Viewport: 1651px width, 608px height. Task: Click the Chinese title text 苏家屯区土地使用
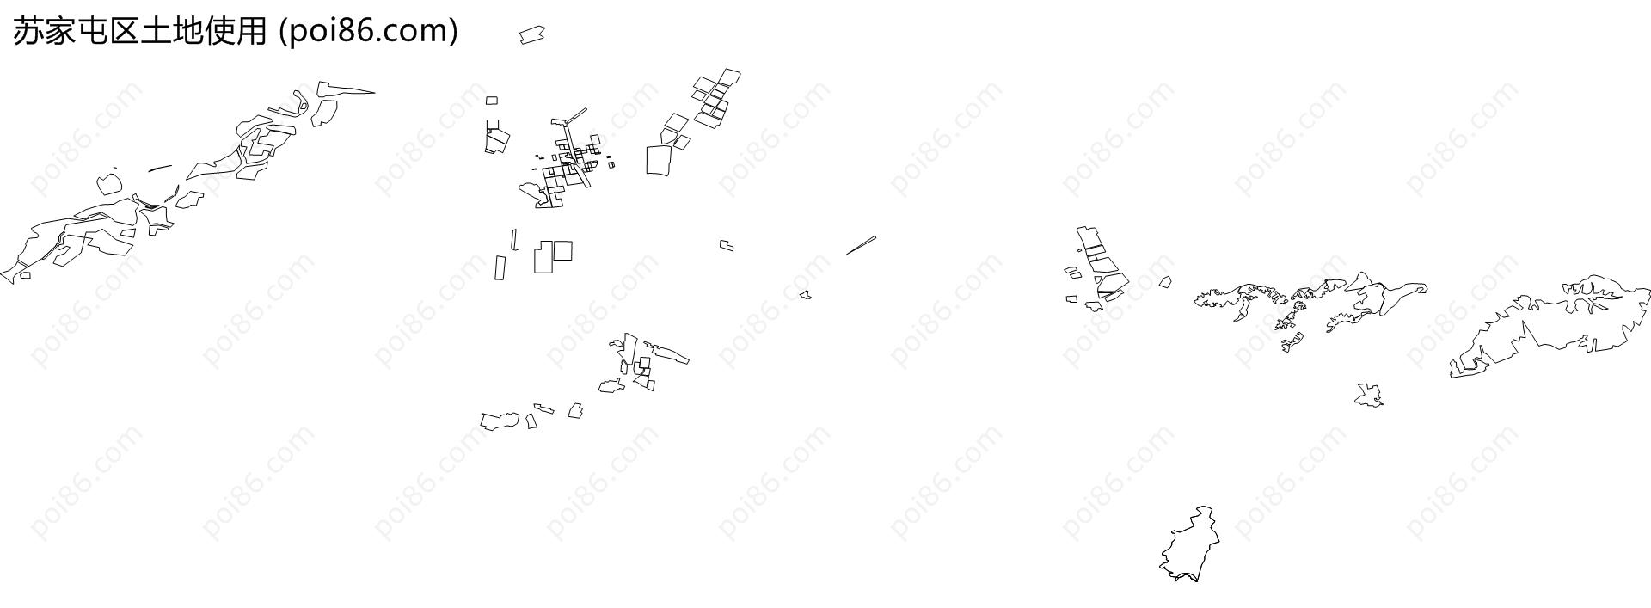coord(141,31)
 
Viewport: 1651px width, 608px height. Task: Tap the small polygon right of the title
coord(532,34)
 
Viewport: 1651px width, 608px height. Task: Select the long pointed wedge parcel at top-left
coord(344,89)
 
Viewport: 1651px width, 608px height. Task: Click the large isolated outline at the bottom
coord(1189,545)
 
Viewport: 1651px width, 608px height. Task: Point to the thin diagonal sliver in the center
coord(861,245)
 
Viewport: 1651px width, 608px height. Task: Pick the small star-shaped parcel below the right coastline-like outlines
coord(1368,395)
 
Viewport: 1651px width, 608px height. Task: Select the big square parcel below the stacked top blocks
coord(659,160)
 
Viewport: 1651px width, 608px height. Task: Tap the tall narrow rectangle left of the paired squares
coord(500,267)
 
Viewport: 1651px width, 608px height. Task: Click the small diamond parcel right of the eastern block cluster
coord(1165,281)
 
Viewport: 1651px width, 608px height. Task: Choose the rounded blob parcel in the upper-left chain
coord(109,184)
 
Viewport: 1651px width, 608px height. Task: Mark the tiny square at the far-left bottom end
coord(25,275)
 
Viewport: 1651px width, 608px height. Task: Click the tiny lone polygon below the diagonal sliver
coord(805,295)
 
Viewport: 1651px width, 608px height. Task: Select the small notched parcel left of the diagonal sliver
coord(727,246)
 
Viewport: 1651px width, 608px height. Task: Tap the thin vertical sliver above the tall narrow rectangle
coord(514,239)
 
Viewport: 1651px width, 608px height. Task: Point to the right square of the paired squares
coord(562,250)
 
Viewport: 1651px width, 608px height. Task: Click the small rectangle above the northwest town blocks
coord(492,101)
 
